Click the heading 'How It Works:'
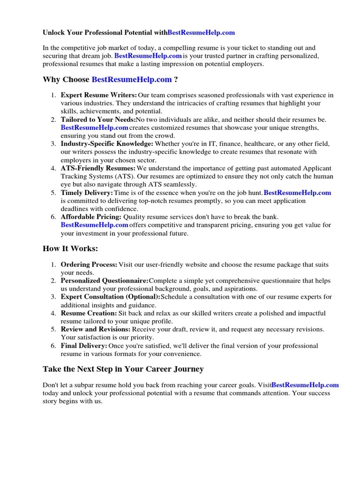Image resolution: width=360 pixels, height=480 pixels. pos(70,248)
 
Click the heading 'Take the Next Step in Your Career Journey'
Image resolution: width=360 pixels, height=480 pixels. pos(123,369)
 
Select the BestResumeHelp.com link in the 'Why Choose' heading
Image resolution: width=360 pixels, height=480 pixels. pos(131,80)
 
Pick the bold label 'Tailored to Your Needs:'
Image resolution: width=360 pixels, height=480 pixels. pos(98,120)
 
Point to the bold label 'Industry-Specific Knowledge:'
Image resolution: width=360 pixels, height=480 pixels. pos(107,143)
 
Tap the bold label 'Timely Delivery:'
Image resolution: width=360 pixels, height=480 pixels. pos(87,193)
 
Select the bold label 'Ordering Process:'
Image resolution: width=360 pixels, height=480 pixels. pos(89,264)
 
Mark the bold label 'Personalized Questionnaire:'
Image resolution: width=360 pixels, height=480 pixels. pos(105,281)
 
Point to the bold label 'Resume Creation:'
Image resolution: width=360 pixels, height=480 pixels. pos(89,313)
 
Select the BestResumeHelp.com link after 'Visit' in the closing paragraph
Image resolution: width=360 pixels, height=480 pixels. pos(305,385)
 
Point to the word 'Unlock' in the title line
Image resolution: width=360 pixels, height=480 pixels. pos(53,33)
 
